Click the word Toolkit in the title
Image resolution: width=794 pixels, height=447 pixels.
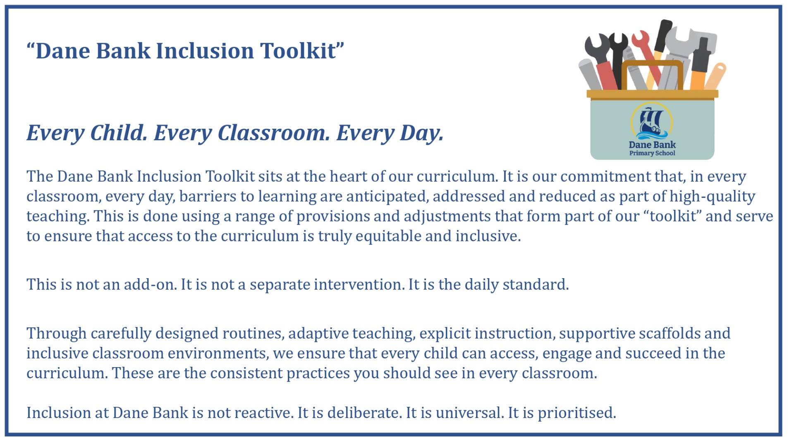pyautogui.click(x=298, y=50)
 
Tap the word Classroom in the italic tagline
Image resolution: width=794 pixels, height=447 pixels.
pyautogui.click(x=274, y=133)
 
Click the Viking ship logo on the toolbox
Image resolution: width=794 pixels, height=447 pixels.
pyautogui.click(x=652, y=122)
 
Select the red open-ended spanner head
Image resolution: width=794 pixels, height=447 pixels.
pyautogui.click(x=640, y=39)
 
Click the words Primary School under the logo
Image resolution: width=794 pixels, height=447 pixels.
pyautogui.click(x=652, y=153)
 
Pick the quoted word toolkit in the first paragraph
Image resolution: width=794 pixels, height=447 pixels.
pyautogui.click(x=672, y=216)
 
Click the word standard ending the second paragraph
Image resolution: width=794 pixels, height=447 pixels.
pyautogui.click(x=536, y=285)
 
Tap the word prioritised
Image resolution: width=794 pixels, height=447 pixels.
pyautogui.click(x=577, y=413)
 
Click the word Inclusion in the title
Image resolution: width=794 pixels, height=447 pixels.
pyautogui.click(x=205, y=50)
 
